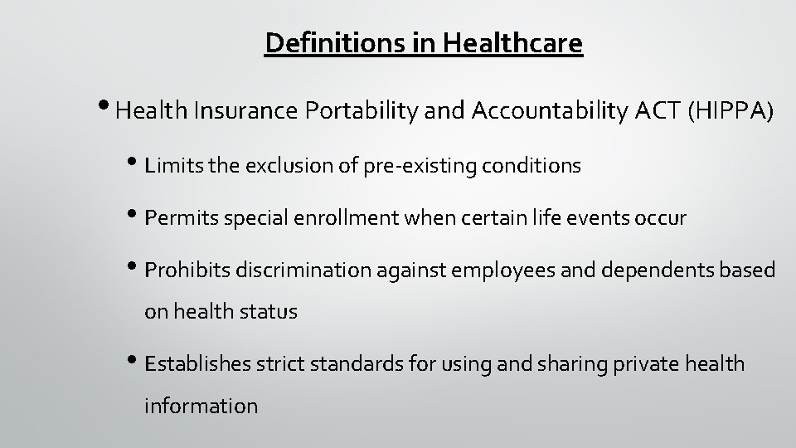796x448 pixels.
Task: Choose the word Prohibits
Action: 187,270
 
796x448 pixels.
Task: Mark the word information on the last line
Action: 201,406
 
